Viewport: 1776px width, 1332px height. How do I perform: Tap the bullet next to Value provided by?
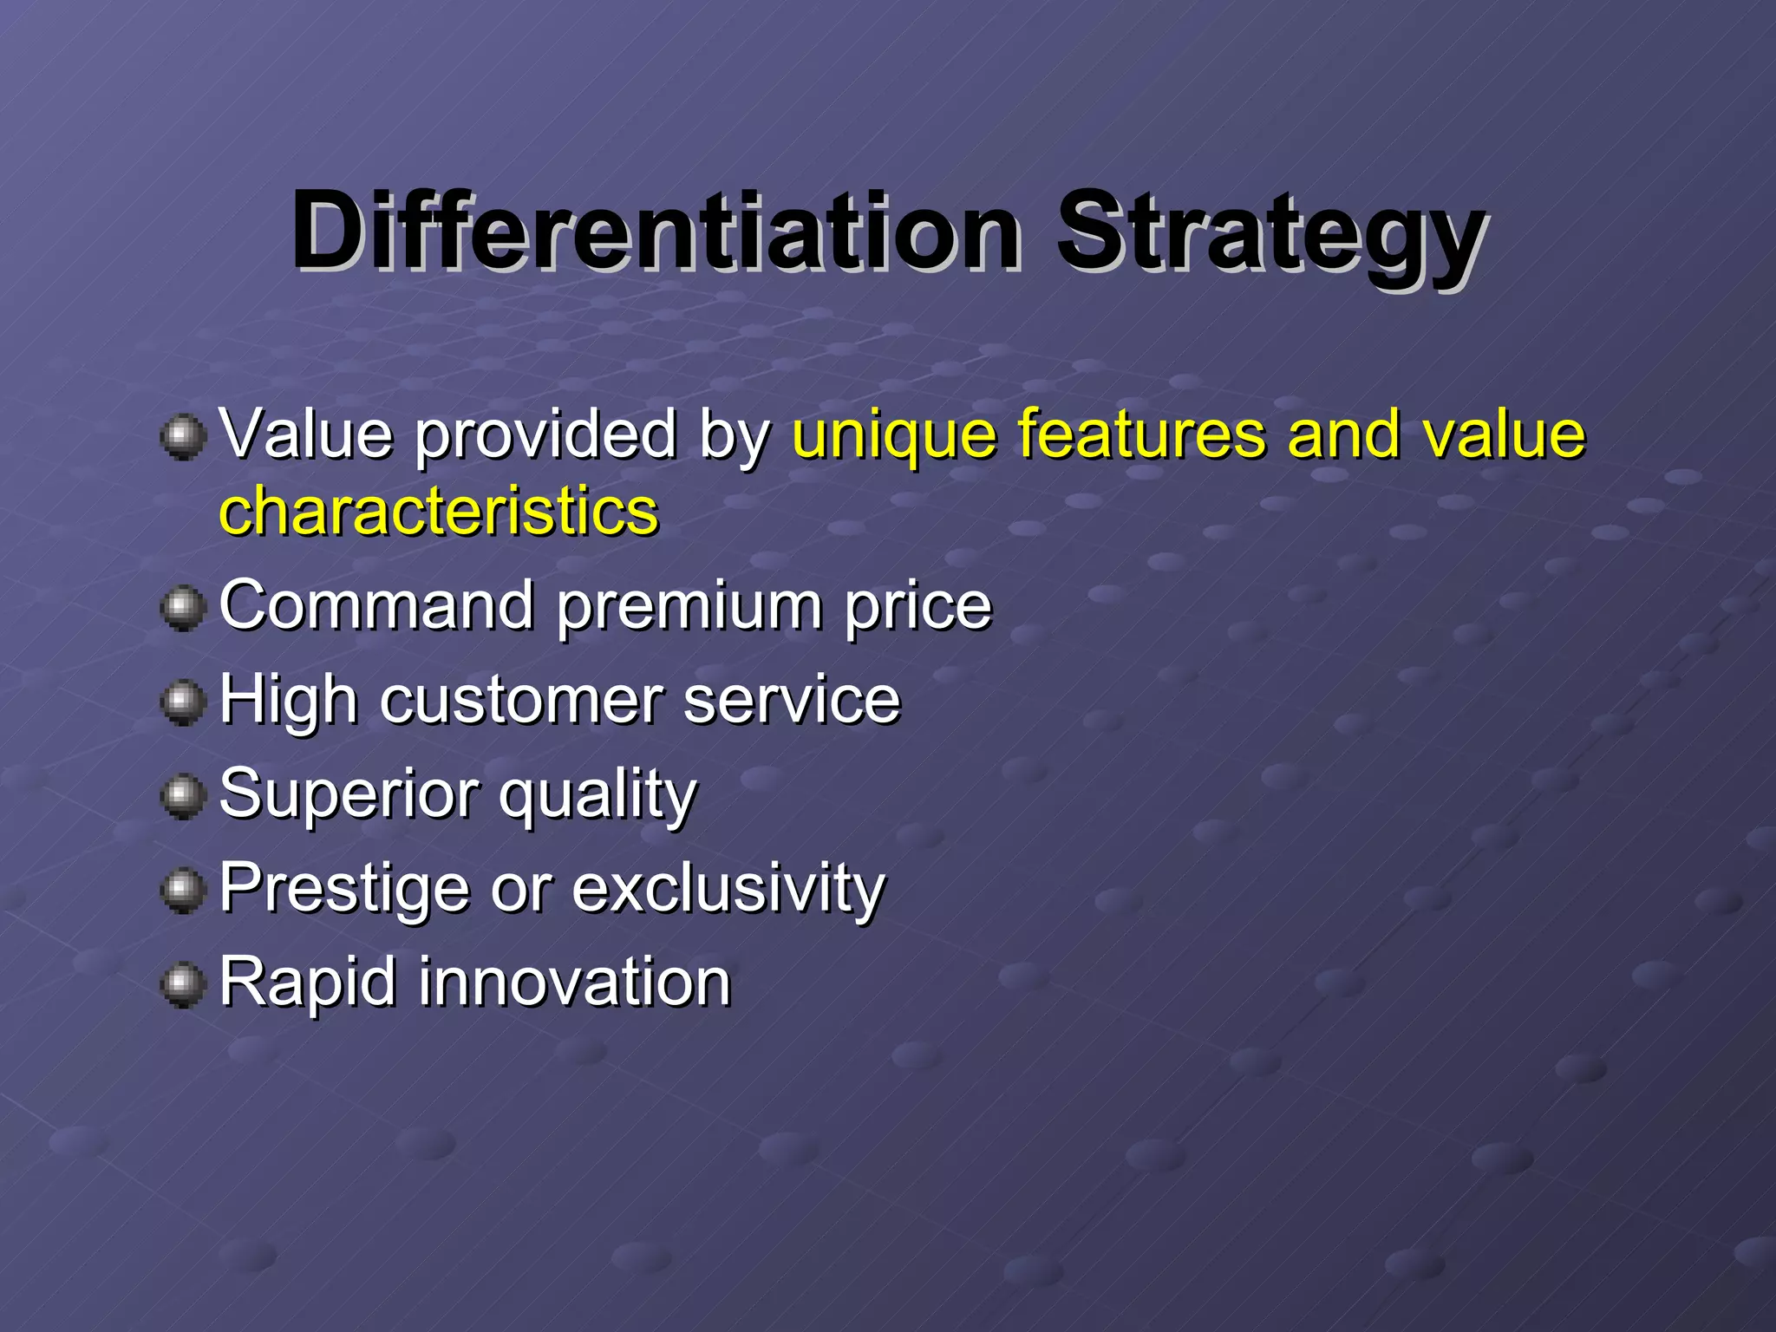pos(183,436)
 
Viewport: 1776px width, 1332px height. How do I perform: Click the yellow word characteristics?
pos(439,512)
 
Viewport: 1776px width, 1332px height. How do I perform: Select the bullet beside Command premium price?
pos(183,608)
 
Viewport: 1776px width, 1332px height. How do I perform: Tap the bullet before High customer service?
pos(183,702)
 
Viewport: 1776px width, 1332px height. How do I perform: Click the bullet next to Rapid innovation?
pos(183,984)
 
